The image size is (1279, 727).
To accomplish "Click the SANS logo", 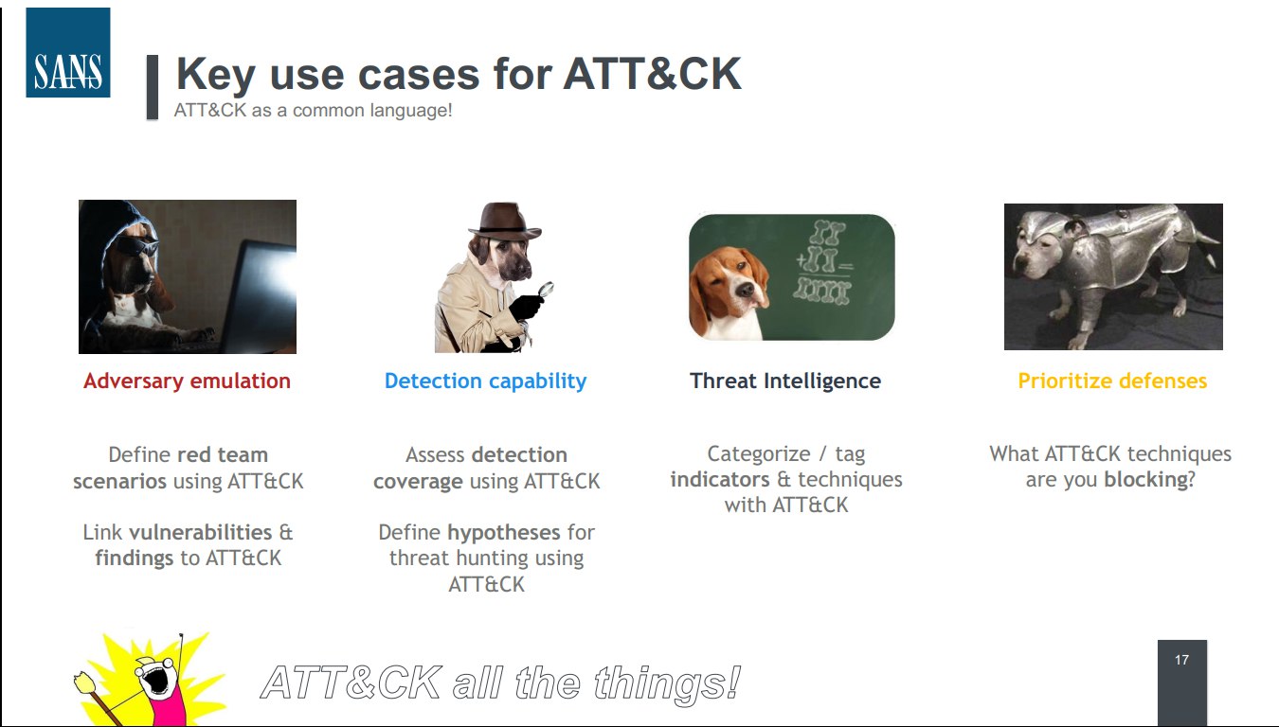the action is tap(68, 52).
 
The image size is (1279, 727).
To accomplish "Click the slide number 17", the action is tap(1181, 660).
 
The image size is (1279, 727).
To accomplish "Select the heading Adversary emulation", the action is tap(188, 381).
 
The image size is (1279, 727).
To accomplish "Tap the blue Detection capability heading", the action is tap(485, 381).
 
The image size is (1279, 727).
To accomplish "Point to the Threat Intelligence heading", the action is tap(785, 381).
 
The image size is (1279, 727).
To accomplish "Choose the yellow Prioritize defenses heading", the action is tap(1112, 381).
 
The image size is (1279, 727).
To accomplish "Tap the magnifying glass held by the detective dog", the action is tap(546, 290).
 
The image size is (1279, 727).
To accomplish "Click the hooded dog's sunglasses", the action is tap(137, 246).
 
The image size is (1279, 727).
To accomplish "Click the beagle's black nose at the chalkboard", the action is tap(744, 291).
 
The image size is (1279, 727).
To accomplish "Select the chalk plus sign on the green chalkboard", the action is tap(802, 261).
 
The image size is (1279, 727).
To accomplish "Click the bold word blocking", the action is tap(1146, 479).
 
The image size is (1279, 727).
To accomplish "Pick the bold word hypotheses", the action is tap(504, 532).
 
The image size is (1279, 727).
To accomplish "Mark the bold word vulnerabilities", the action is tap(201, 532).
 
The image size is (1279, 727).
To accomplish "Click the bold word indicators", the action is tap(719, 479).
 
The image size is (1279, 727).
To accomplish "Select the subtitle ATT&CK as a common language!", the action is tap(313, 110).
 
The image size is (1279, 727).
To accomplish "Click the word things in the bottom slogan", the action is tap(667, 683).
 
